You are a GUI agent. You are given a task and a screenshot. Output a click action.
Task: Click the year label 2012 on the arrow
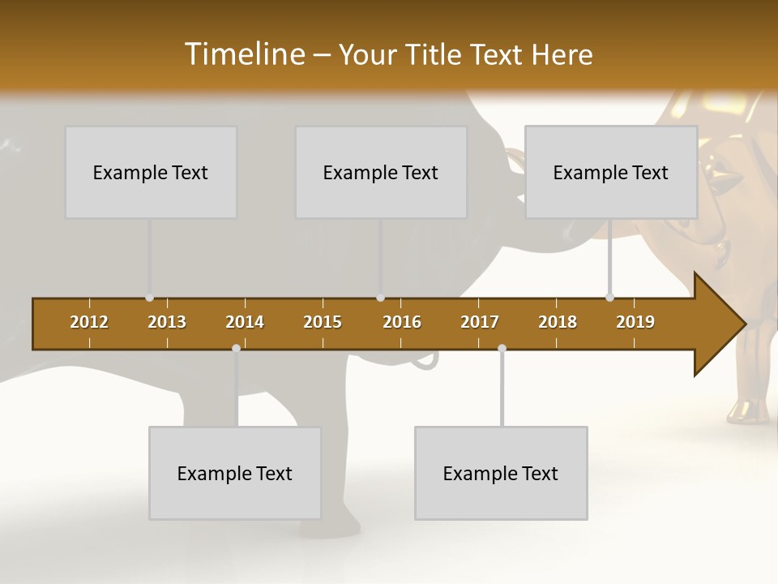pos(89,322)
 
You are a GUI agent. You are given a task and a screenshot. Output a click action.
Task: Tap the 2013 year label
pos(167,322)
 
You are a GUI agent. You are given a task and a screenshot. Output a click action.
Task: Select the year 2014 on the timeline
pos(245,322)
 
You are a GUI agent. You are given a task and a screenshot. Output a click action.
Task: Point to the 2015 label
pos(323,322)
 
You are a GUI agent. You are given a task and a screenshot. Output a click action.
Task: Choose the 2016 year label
pos(402,322)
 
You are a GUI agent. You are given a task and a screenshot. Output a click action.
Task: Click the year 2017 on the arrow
pos(480,322)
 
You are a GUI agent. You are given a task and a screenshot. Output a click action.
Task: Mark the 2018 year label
pos(558,322)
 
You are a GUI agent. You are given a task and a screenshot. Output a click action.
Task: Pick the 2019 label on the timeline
pos(635,322)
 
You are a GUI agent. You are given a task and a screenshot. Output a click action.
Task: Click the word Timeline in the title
pos(243,54)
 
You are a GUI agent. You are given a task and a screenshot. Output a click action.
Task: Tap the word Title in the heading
pos(437,54)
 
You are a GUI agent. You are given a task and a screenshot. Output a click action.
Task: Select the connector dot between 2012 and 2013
pos(149,298)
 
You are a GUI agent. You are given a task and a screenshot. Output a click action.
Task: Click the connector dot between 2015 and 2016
pos(380,298)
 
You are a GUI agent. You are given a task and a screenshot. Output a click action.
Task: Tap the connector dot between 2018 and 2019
pos(609,298)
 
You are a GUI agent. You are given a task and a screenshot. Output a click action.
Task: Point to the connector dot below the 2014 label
pos(236,348)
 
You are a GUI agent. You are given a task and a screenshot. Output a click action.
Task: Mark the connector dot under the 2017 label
pos(502,348)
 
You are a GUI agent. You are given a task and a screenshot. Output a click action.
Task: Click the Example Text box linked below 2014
pos(235,473)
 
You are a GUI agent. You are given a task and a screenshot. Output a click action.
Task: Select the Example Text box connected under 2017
pos(501,473)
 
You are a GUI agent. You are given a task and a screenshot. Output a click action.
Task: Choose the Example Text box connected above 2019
pos(611,172)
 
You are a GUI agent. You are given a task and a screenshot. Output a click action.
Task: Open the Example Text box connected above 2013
pos(151,172)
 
